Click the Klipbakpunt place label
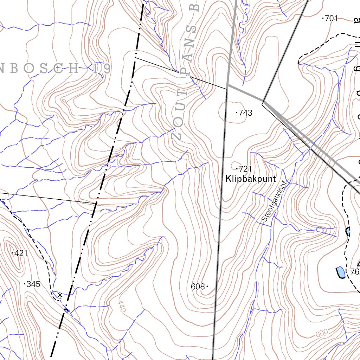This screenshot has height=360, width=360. (x=250, y=179)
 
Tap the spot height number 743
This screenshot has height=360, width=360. (x=245, y=113)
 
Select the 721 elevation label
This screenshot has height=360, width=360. (x=245, y=169)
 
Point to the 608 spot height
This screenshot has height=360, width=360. (x=198, y=287)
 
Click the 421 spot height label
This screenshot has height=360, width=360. (x=21, y=253)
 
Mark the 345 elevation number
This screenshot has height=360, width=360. (x=33, y=284)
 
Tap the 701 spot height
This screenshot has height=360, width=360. (x=331, y=19)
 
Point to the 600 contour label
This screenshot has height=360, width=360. (x=321, y=333)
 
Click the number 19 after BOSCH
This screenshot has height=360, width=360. (x=102, y=69)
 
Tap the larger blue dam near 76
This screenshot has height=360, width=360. (x=340, y=272)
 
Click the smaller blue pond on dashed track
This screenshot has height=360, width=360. (x=348, y=231)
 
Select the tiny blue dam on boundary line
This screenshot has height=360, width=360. (x=66, y=310)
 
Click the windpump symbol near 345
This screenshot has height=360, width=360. (x=60, y=296)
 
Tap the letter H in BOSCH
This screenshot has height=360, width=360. (x=74, y=69)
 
